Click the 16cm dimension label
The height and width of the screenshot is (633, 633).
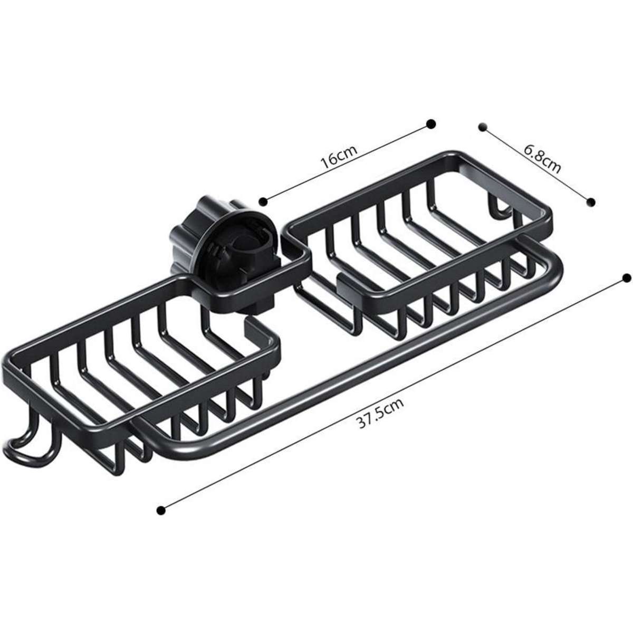[x=340, y=156]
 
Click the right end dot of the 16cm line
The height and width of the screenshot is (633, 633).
[x=431, y=123]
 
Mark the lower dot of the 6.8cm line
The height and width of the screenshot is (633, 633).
[x=591, y=201]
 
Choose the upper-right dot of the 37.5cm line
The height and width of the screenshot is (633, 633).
[x=627, y=277]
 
